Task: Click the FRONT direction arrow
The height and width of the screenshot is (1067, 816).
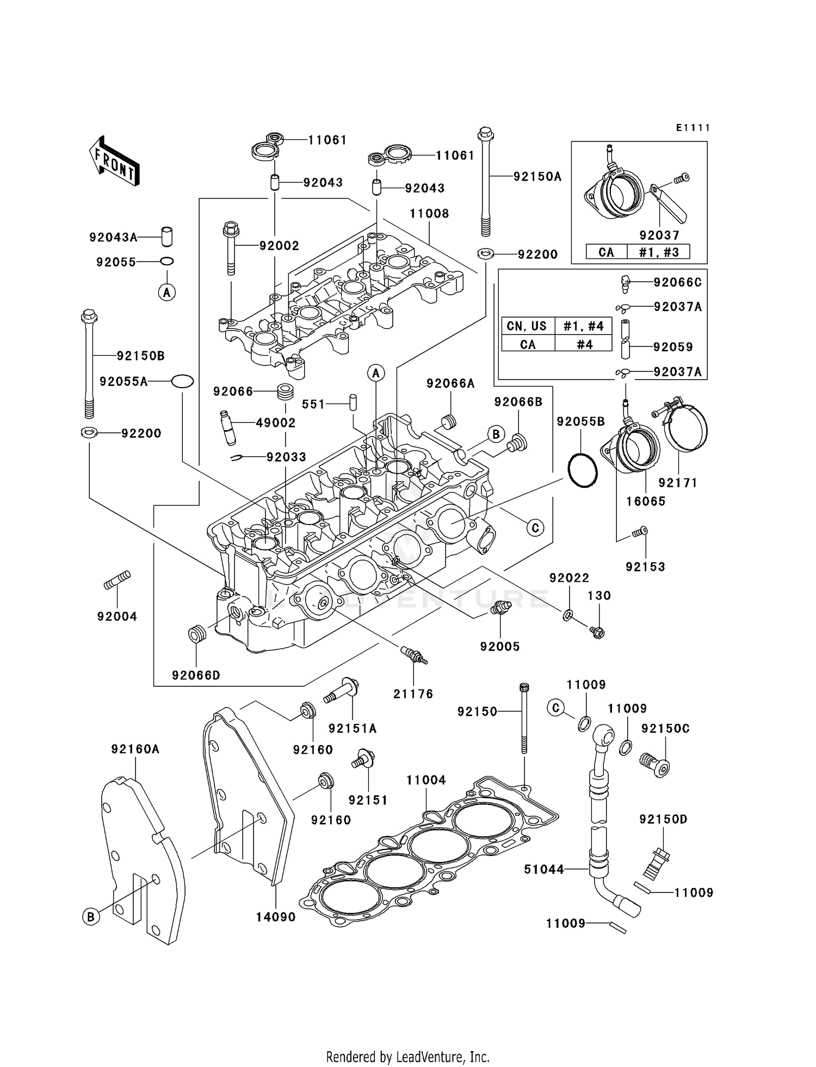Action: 114,160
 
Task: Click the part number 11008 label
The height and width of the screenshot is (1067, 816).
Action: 429,214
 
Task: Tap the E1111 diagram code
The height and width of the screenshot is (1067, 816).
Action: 693,128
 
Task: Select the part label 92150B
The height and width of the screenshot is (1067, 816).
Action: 140,356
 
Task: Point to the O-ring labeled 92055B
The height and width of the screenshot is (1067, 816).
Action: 583,470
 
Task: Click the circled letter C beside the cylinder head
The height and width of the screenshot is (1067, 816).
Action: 535,528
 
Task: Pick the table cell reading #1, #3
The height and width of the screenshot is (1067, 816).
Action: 659,252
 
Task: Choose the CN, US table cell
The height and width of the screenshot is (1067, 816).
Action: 527,326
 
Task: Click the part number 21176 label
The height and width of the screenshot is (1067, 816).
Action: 413,694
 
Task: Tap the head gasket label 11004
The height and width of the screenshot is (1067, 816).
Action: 426,780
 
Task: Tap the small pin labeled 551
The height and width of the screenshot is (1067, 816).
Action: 353,402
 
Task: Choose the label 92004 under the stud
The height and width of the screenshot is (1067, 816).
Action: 117,616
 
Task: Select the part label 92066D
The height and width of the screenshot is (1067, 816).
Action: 196,675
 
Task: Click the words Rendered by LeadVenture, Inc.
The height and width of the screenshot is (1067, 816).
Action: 407,1057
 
